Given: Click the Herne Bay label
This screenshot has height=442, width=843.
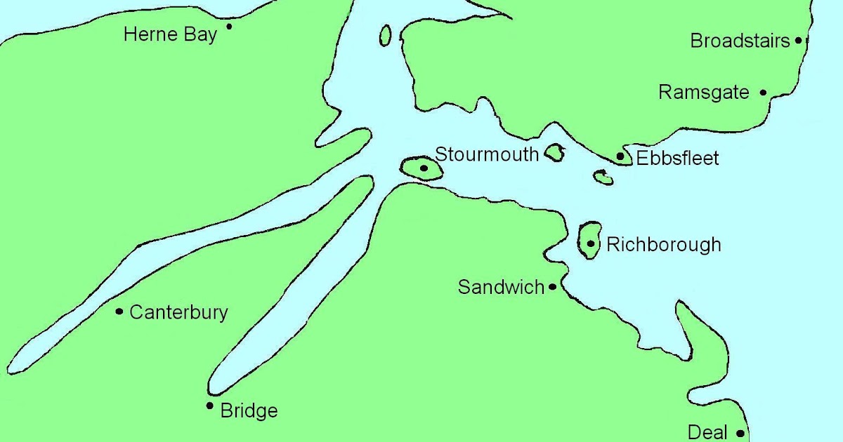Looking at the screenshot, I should point(170,34).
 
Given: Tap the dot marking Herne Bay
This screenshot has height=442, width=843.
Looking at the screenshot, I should point(229,27).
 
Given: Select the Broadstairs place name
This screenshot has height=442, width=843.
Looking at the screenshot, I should point(740,41).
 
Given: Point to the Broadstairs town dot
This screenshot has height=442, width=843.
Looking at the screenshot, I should point(798,41).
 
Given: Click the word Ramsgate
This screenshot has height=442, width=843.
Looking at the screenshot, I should point(703,92).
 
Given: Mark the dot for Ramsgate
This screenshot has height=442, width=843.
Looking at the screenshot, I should point(763,92).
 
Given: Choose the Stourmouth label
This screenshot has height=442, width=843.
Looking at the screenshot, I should point(486,154).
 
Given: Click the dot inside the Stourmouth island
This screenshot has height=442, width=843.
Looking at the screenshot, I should point(424,168).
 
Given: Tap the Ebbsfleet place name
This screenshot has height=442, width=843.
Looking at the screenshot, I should point(677,159).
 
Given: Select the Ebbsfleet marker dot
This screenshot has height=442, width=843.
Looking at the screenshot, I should point(620,156).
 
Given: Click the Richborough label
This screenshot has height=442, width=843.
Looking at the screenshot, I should point(663,244).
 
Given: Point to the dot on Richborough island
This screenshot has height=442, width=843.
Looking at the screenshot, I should point(591,244).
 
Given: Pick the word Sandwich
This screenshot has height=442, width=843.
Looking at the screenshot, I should point(501,287).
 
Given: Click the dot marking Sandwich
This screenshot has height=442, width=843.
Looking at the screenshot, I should point(553,286).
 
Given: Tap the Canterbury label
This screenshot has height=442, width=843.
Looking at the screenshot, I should point(178,312).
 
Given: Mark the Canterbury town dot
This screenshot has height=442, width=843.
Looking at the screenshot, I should point(119,311).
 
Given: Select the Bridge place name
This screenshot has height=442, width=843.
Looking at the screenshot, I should point(249,410).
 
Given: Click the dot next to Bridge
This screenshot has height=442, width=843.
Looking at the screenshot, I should point(209,406).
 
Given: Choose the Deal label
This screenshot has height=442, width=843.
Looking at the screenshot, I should point(707,432).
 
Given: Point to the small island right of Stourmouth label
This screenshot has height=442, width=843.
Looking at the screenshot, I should point(554,152).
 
